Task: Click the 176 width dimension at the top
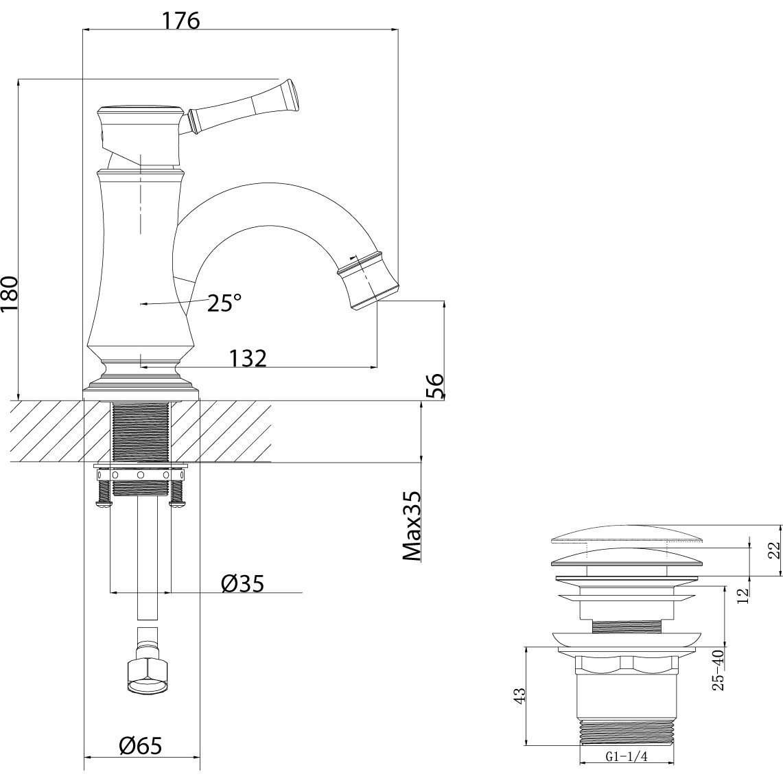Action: [x=180, y=21]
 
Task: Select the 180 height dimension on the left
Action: [x=10, y=294]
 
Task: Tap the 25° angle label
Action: [x=224, y=303]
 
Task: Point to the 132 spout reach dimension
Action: [x=247, y=358]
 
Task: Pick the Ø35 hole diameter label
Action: [x=242, y=584]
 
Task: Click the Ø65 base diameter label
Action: [x=140, y=745]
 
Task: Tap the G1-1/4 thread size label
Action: [x=626, y=758]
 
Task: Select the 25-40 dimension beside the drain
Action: [x=718, y=670]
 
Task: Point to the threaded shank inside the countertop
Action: [x=140, y=431]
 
